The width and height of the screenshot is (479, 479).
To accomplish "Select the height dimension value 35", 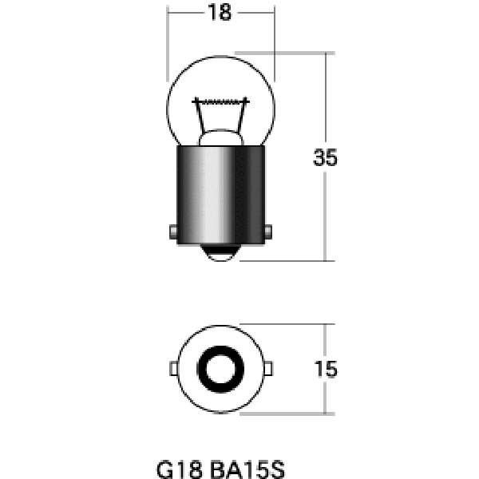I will coord(325,158).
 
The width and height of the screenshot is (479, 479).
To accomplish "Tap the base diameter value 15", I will coord(325,369).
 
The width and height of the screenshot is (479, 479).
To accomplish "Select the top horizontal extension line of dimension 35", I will coord(295,53).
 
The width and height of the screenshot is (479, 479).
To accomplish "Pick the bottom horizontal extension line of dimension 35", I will coord(295,260).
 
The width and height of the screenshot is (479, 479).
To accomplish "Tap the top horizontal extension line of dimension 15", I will coord(295,324).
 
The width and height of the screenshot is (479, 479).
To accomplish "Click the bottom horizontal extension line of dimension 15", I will coord(295,414).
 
